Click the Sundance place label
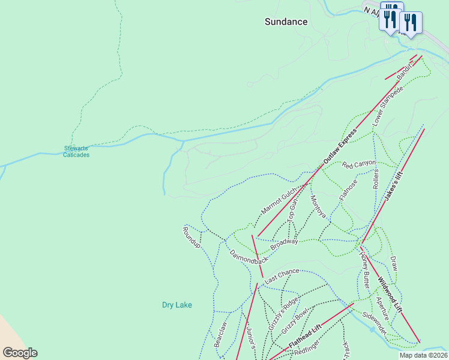pos(286,22)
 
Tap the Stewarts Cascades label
pos(76,151)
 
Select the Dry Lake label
pos(177,305)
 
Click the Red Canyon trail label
pos(359,163)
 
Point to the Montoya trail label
pos(318,207)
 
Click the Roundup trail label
pos(191,238)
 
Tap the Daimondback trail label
pos(249,254)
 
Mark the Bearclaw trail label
pos(221,334)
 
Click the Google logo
pos(20,353)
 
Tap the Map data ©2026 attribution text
pos(423,355)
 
